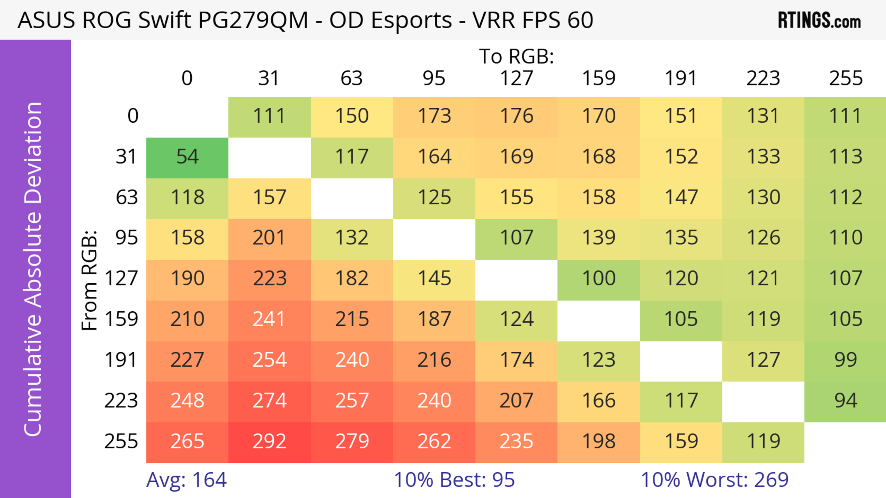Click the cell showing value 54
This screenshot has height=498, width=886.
click(x=187, y=157)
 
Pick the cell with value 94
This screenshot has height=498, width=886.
click(x=845, y=401)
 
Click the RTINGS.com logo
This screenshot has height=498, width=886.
click(x=819, y=20)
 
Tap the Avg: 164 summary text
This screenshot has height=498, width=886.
click(x=186, y=480)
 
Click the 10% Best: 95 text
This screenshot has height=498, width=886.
click(x=454, y=480)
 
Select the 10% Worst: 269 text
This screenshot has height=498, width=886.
click(x=714, y=480)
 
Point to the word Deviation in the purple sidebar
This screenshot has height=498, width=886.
click(x=33, y=153)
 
